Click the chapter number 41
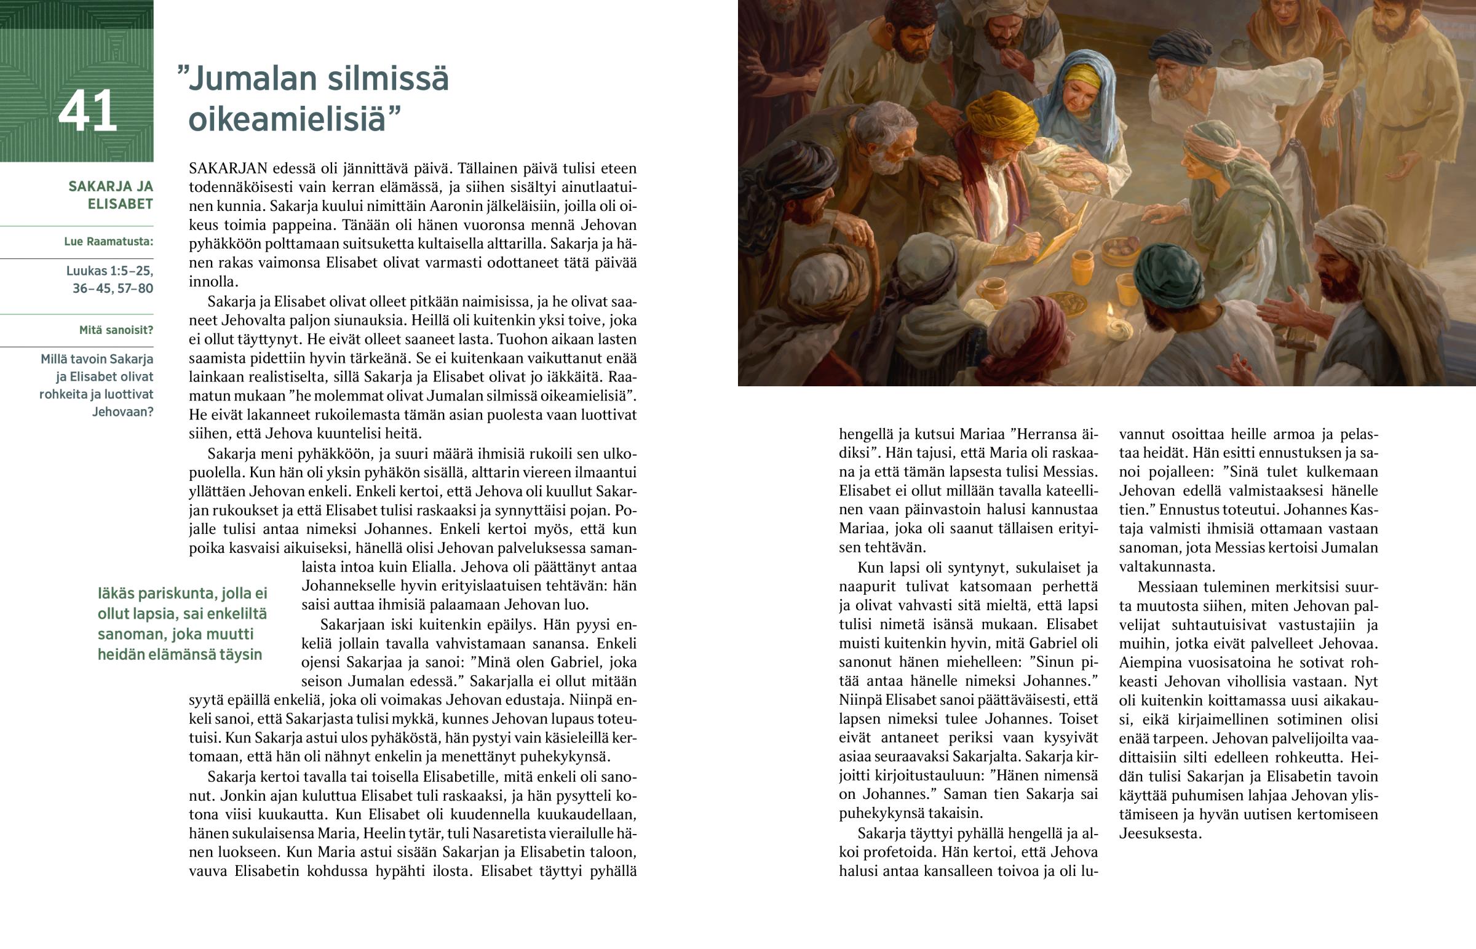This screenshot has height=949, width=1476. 87,111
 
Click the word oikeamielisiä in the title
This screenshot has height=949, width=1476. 287,118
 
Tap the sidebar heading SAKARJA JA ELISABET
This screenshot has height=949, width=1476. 111,195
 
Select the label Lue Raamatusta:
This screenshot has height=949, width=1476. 108,242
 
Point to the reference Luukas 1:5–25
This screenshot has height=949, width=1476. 109,271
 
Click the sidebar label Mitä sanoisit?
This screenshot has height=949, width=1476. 116,330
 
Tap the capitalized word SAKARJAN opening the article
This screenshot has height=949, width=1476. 228,169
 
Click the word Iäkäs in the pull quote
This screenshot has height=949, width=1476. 115,594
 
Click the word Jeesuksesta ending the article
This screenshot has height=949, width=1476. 1159,834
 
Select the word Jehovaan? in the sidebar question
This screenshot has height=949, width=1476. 122,411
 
